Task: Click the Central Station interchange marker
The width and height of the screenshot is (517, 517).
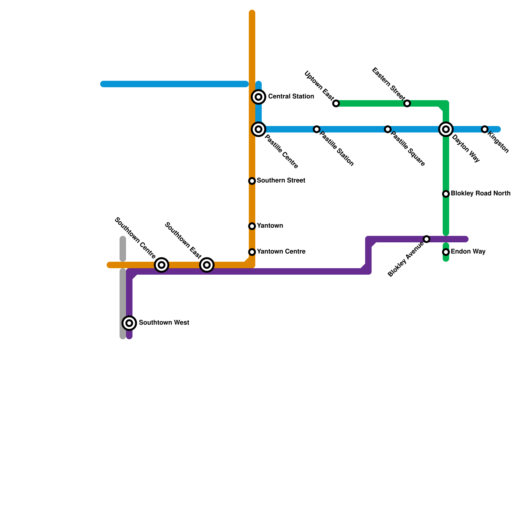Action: pos(258,97)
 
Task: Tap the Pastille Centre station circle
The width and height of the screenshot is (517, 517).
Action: pos(258,129)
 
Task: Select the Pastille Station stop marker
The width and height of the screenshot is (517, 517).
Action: pos(317,129)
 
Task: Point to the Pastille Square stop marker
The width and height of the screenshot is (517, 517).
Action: pos(388,129)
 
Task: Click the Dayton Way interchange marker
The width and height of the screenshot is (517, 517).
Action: pos(446,129)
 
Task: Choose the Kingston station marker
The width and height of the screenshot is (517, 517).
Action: pos(484,129)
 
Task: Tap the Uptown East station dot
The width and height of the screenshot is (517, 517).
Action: pos(336,103)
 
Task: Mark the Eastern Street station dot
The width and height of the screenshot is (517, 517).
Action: pos(407,103)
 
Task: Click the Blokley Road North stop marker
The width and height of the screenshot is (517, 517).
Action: pos(446,194)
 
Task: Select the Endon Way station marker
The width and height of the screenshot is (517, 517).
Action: pos(446,252)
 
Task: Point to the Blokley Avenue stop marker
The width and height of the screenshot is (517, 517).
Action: pos(427,239)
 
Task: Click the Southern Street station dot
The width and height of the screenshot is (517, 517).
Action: pos(252,181)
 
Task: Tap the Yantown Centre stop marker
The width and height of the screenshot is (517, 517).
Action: pos(252,252)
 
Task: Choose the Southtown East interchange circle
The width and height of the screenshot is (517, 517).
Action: pos(207,265)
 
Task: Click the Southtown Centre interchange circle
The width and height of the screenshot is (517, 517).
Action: pos(162,265)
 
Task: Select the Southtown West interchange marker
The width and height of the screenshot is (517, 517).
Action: pos(129,323)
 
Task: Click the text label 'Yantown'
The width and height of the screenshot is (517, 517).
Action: pos(270,226)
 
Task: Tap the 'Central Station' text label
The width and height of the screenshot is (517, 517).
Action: pos(291,97)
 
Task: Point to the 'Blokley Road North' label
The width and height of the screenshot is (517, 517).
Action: pos(480,194)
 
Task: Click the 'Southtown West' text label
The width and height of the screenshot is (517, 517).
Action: pos(164,323)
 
